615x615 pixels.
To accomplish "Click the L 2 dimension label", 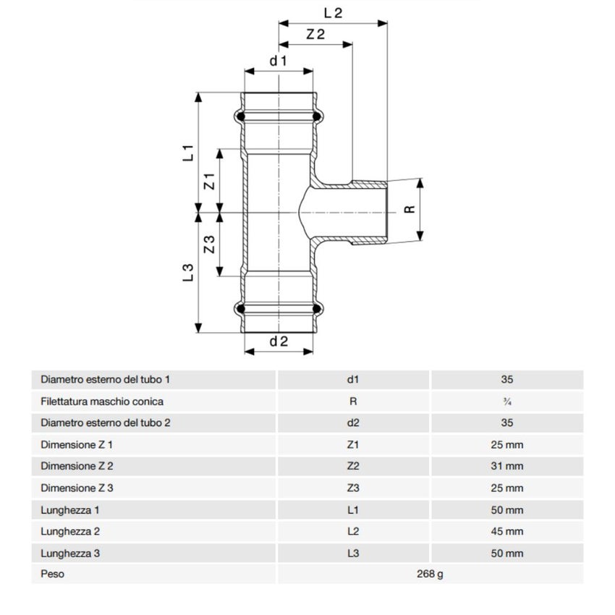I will click(x=333, y=12).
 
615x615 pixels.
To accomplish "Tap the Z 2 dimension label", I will click(x=315, y=34).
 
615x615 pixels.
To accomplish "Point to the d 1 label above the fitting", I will click(x=279, y=61).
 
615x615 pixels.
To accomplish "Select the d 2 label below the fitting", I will click(x=279, y=342).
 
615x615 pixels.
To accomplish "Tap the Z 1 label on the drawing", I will click(x=209, y=181).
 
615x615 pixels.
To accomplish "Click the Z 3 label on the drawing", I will click(x=209, y=245).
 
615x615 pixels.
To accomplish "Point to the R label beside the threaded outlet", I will click(x=410, y=209).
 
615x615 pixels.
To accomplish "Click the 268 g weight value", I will click(x=430, y=574).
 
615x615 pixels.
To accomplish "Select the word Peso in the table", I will click(x=52, y=574).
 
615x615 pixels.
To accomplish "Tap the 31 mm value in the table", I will click(x=506, y=466).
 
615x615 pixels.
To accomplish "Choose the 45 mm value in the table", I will click(x=506, y=531).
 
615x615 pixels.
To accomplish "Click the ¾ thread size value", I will click(x=506, y=402).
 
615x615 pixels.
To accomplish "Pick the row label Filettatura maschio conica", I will click(x=102, y=401).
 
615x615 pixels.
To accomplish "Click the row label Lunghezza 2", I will click(x=70, y=531).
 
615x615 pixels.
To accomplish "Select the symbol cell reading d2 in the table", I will click(x=353, y=423).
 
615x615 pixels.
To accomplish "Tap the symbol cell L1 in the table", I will click(x=353, y=509).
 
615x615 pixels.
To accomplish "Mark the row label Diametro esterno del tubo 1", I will click(x=106, y=379).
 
